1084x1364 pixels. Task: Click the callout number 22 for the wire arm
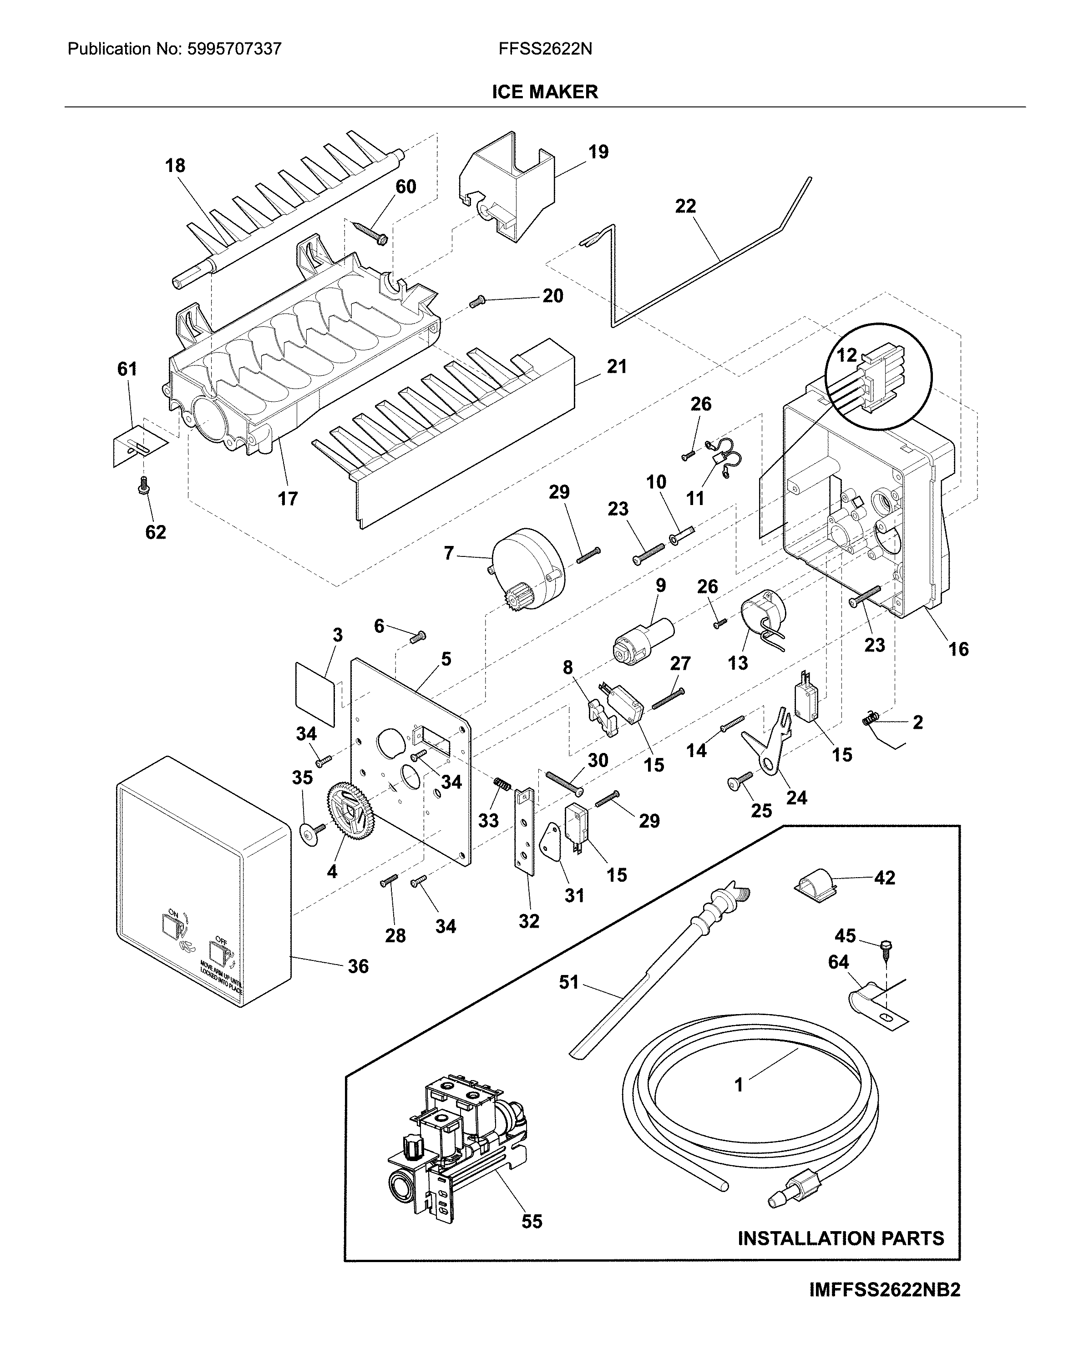click(685, 206)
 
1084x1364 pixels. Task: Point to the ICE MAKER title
click(544, 92)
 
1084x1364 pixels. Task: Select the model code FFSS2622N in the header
click(545, 49)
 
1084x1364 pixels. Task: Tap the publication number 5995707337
click(234, 49)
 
